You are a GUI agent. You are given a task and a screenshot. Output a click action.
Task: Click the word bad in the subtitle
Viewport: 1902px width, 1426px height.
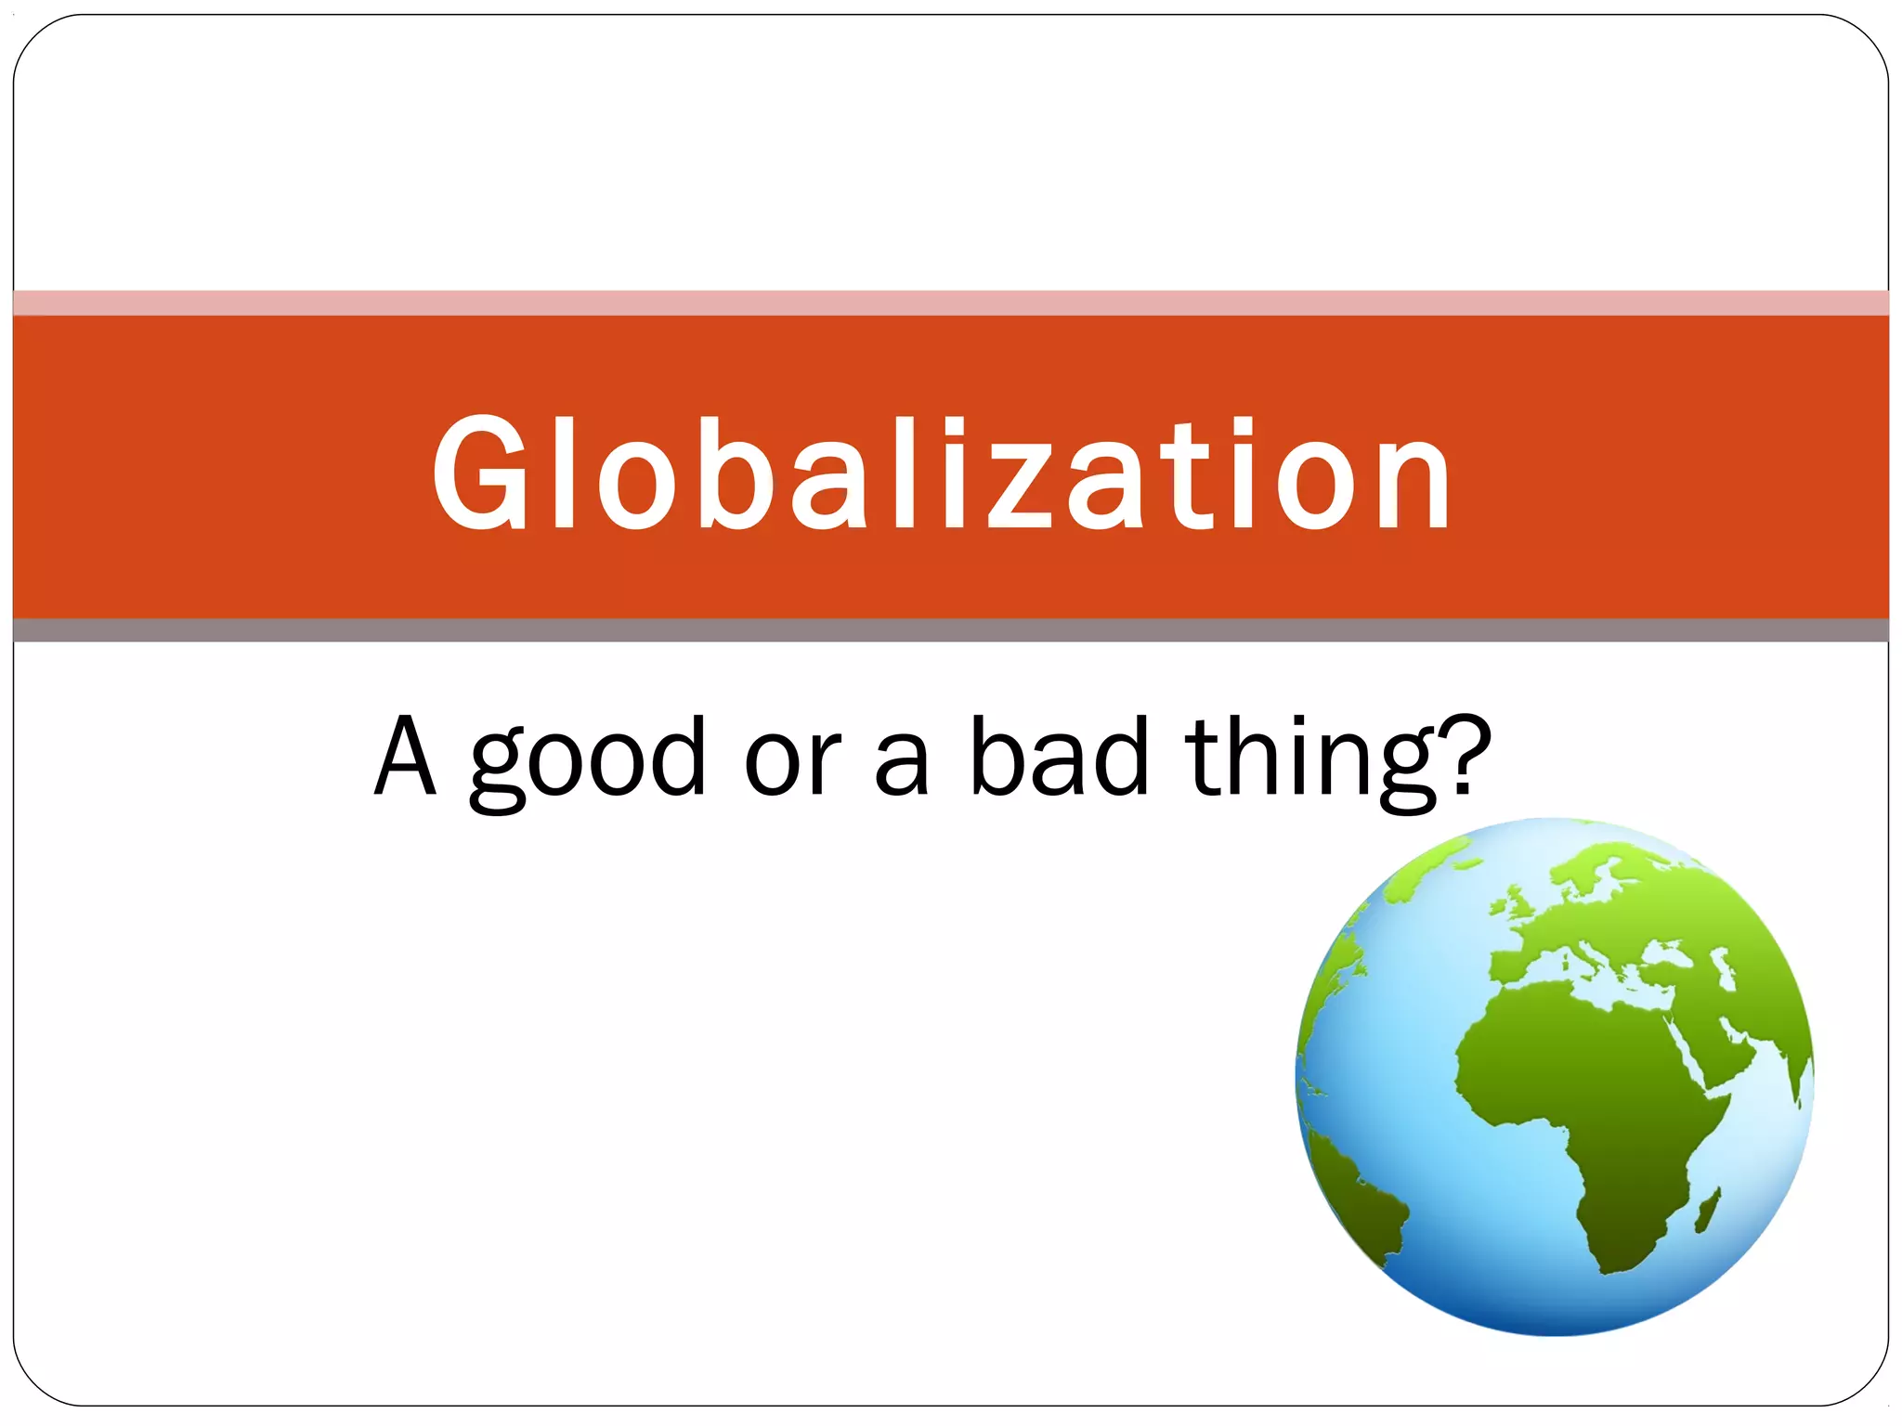click(1059, 757)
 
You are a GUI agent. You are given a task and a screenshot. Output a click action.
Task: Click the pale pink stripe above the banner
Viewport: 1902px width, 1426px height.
click(951, 303)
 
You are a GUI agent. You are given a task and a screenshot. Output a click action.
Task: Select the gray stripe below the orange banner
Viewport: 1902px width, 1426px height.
click(951, 630)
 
